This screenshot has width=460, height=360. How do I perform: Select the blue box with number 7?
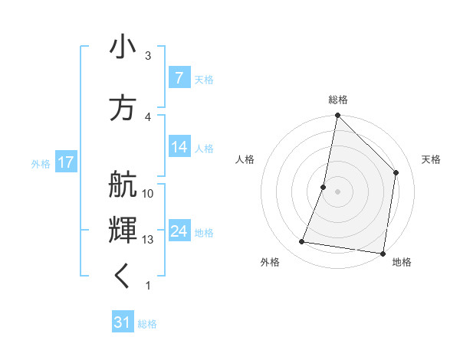tap(179, 78)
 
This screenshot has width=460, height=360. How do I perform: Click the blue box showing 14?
tap(179, 148)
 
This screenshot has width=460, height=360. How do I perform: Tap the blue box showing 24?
tap(179, 231)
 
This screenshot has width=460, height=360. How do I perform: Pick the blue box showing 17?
tap(65, 162)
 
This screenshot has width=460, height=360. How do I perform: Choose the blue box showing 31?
tap(123, 322)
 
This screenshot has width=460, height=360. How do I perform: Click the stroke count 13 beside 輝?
tap(149, 240)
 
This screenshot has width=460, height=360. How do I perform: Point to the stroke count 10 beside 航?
tap(149, 194)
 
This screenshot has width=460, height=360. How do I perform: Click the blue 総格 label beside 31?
tap(147, 324)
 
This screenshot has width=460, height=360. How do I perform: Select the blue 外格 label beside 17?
tap(41, 163)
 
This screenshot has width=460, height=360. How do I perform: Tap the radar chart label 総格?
tap(338, 100)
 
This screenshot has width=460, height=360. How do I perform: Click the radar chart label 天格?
tap(432, 159)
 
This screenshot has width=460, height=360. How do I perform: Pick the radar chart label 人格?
tap(245, 159)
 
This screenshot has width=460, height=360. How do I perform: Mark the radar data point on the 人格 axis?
tap(324, 187)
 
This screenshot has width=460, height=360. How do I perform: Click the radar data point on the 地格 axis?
tap(382, 253)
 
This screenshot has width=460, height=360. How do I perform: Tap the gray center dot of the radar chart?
tap(337, 191)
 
